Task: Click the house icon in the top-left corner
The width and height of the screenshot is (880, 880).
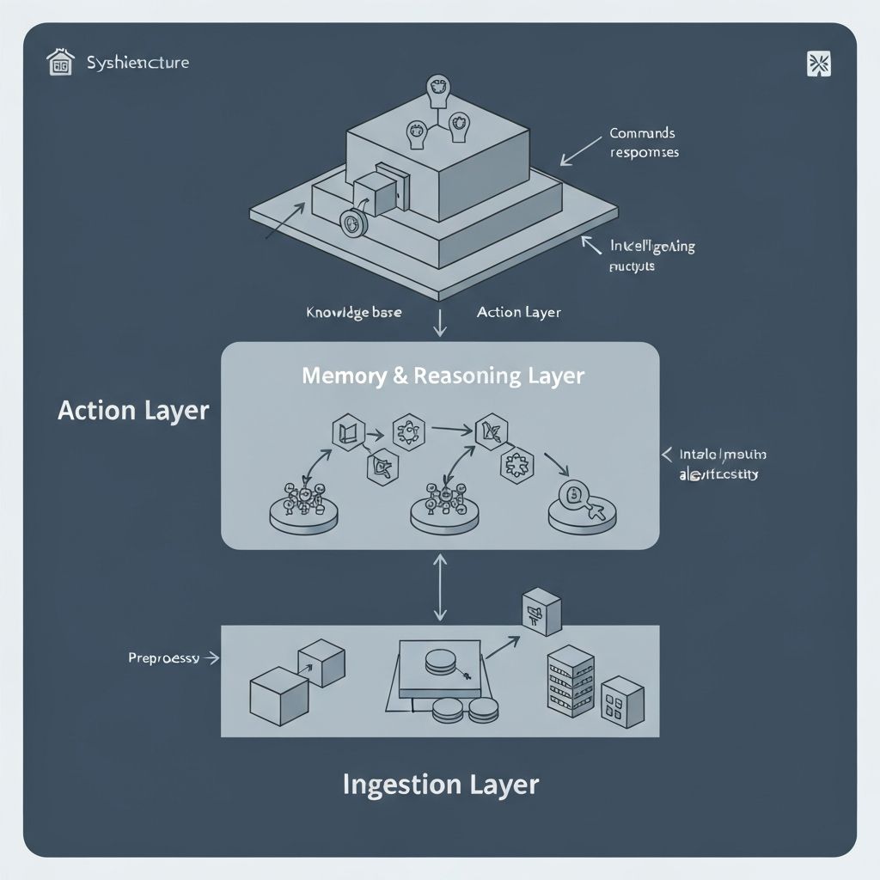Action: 60,63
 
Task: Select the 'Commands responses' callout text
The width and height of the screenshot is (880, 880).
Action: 644,143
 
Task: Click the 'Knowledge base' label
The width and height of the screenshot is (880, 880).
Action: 353,312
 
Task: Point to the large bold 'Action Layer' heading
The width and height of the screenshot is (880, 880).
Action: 133,410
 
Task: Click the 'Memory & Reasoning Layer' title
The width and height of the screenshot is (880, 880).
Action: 443,376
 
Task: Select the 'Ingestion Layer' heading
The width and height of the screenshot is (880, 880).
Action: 440,784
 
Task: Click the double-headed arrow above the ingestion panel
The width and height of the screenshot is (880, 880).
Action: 440,587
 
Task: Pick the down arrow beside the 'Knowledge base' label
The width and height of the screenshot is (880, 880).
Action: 440,323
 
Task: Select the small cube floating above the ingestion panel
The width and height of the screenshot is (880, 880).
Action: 541,611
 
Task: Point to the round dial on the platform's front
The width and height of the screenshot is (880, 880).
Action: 352,223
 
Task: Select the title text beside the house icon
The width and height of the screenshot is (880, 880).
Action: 137,63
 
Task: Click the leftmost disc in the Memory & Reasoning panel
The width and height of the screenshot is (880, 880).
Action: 301,509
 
